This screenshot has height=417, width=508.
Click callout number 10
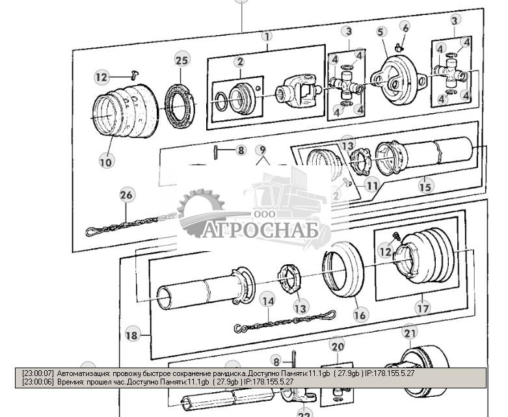pyautogui.click(x=106, y=161)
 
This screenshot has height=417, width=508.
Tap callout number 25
pyautogui.click(x=182, y=61)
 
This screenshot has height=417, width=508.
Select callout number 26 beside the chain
pyautogui.click(x=126, y=195)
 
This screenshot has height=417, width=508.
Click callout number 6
pyautogui.click(x=405, y=27)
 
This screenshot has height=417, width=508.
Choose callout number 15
pyautogui.click(x=425, y=187)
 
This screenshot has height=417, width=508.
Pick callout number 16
pyautogui.click(x=360, y=315)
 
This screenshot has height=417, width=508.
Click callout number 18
pyautogui.click(x=131, y=335)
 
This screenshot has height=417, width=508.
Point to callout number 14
pyautogui.click(x=267, y=301)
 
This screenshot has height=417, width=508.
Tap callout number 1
pyautogui.click(x=267, y=36)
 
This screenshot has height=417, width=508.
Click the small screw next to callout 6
pyautogui.click(x=399, y=45)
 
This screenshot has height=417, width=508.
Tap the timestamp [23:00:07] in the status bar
pyautogui.click(x=38, y=374)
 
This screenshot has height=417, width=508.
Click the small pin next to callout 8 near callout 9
pyautogui.click(x=215, y=152)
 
